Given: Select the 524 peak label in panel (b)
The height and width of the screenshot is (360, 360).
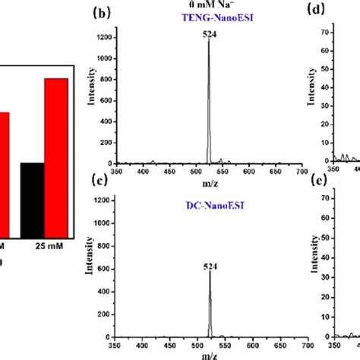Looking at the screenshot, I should (x=208, y=33).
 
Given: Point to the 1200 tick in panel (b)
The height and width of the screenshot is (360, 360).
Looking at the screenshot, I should (x=105, y=37).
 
